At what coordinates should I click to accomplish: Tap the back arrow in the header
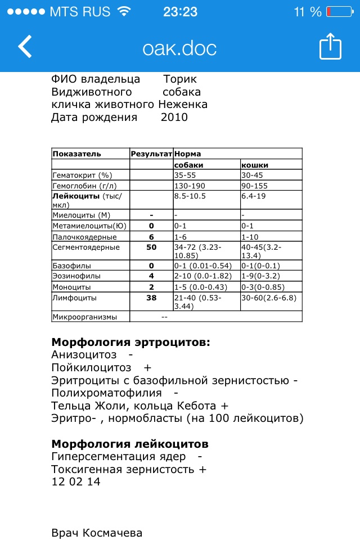pos(25,47)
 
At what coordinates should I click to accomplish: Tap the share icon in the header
pos(330,47)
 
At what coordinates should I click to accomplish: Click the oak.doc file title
pos(180,48)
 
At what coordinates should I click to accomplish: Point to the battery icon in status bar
pos(336,12)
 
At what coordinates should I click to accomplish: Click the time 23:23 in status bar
pos(180,12)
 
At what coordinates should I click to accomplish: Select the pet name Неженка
pos(183,105)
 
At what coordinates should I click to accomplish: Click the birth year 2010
pos(174,118)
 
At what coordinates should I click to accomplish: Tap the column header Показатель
pos(76,154)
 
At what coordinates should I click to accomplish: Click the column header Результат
pos(151,154)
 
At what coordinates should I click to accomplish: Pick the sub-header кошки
pos(255,165)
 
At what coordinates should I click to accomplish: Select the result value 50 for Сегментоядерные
pos(151,247)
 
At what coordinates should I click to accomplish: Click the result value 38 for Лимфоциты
pos(151,298)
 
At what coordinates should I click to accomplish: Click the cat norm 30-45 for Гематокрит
pos(253,175)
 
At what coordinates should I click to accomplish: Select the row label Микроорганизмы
pos(84,317)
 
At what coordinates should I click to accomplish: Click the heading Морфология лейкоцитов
pos(130,443)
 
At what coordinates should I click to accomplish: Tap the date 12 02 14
pos(76,482)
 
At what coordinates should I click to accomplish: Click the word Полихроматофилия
pos(106,393)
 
